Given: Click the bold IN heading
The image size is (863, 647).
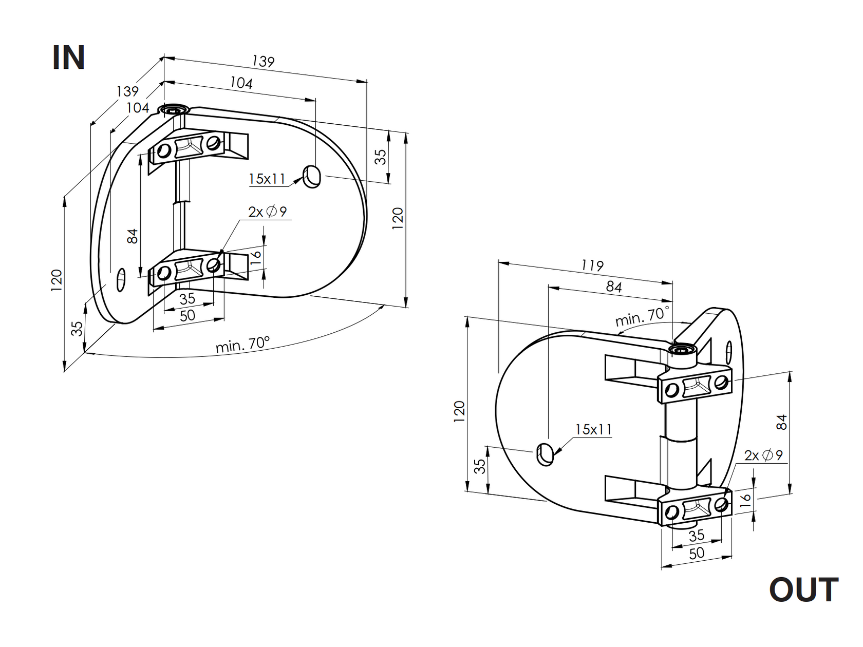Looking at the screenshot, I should pyautogui.click(x=68, y=58).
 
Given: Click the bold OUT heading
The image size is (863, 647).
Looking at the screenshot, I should pyautogui.click(x=803, y=590).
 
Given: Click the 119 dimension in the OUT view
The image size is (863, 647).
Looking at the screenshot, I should pyautogui.click(x=592, y=265).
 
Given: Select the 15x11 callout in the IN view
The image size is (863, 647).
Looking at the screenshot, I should pyautogui.click(x=267, y=179).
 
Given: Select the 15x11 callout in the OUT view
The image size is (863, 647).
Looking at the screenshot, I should pyautogui.click(x=593, y=429).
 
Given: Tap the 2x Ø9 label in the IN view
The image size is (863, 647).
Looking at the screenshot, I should pyautogui.click(x=267, y=211).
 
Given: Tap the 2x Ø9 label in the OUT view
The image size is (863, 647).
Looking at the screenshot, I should pyautogui.click(x=763, y=455).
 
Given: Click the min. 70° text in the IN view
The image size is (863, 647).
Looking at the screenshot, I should pyautogui.click(x=242, y=345).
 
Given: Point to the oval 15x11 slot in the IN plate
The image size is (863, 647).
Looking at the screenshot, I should pyautogui.click(x=312, y=177).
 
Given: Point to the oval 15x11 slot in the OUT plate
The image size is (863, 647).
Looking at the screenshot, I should pyautogui.click(x=545, y=454).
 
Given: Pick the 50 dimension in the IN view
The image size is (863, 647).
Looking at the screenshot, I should pyautogui.click(x=187, y=315).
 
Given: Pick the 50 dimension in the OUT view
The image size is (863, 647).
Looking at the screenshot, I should pyautogui.click(x=696, y=554).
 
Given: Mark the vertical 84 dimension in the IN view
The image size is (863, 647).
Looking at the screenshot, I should pyautogui.click(x=133, y=236).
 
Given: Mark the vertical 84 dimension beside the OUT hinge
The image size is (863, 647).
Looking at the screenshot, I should pyautogui.click(x=781, y=422).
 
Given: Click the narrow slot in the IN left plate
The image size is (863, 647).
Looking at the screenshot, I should pyautogui.click(x=121, y=279).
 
